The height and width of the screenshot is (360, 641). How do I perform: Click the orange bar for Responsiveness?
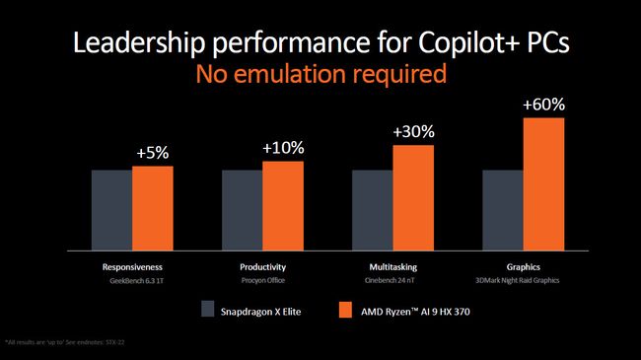click(153, 208)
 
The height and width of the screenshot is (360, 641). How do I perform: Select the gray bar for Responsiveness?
click(111, 210)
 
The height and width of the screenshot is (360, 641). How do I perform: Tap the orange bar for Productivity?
click(283, 205)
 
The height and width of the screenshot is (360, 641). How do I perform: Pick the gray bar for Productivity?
click(242, 210)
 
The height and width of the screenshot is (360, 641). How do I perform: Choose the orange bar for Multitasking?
click(413, 197)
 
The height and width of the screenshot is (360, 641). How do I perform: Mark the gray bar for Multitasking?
click(372, 210)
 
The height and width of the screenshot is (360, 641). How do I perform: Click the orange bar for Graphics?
click(543, 183)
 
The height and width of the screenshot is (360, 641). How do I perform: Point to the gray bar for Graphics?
click(502, 210)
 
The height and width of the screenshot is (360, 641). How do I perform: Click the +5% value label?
click(153, 153)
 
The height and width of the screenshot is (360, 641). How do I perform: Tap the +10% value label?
click(283, 148)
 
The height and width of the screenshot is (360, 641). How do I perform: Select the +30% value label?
click(413, 131)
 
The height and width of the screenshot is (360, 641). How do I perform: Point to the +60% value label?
click(543, 104)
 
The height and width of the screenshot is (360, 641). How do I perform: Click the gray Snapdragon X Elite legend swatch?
click(208, 308)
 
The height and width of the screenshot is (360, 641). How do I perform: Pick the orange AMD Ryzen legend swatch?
click(345, 308)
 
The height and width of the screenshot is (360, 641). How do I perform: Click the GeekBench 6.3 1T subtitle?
click(132, 281)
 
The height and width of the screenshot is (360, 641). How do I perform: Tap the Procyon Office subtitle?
click(262, 281)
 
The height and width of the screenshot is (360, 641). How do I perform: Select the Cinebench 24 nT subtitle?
click(392, 281)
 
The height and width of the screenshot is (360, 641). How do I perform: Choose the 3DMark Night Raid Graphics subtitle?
click(523, 281)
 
